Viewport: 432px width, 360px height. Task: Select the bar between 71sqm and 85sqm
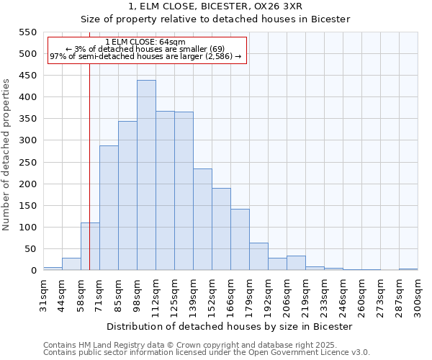[x=109, y=208]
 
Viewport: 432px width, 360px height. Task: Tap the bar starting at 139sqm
[x=202, y=220]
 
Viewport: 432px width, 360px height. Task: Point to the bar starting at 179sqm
[x=258, y=256]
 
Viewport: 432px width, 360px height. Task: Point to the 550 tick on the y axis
[x=27, y=32]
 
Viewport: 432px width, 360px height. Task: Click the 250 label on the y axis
[x=27, y=163]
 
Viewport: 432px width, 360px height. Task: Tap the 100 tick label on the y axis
[x=27, y=228]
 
